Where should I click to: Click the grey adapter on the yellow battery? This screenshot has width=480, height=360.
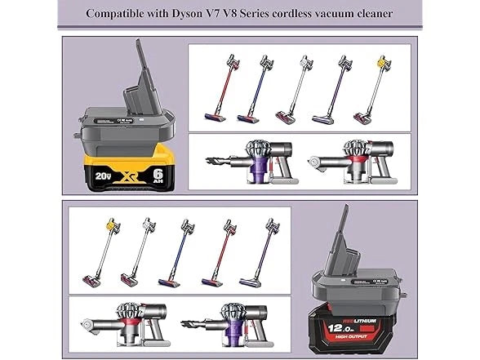127,122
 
